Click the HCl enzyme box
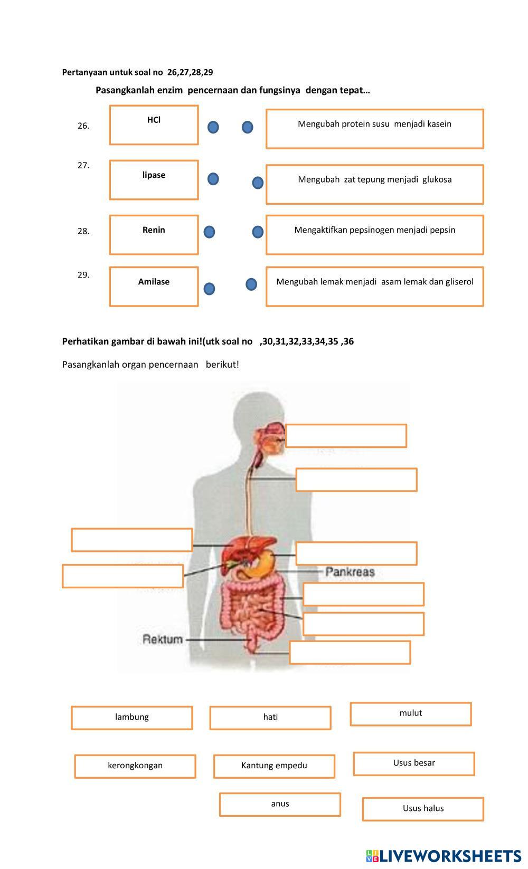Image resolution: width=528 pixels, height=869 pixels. pyautogui.click(x=154, y=125)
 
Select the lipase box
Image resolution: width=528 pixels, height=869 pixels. pyautogui.click(x=154, y=180)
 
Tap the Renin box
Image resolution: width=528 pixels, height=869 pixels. pyautogui.click(x=154, y=235)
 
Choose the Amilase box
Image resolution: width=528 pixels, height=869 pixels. pyautogui.click(x=154, y=287)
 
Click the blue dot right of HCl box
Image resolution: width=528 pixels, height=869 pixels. pyautogui.click(x=213, y=127)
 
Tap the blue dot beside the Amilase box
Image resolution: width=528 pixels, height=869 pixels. pyautogui.click(x=209, y=289)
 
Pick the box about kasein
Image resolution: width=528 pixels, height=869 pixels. pyautogui.click(x=374, y=129)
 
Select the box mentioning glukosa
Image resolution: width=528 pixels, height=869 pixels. pyautogui.click(x=374, y=184)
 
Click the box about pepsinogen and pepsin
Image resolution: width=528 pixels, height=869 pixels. pyautogui.click(x=374, y=235)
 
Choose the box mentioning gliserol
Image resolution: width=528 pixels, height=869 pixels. pyautogui.click(x=374, y=287)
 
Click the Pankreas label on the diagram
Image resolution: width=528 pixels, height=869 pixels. pyautogui.click(x=350, y=571)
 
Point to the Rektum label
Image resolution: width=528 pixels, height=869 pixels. pyautogui.click(x=163, y=639)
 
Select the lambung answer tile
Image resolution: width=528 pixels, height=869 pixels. pyautogui.click(x=132, y=718)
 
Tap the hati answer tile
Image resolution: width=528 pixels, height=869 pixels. pyautogui.click(x=270, y=718)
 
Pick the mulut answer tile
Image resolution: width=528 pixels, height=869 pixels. pyautogui.click(x=410, y=714)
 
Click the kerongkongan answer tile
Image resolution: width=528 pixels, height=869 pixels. pyautogui.click(x=135, y=766)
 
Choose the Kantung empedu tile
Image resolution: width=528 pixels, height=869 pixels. pyautogui.click(x=274, y=766)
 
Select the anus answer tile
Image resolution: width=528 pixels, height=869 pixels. pyautogui.click(x=280, y=804)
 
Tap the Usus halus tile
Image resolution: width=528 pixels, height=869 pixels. pyautogui.click(x=423, y=809)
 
